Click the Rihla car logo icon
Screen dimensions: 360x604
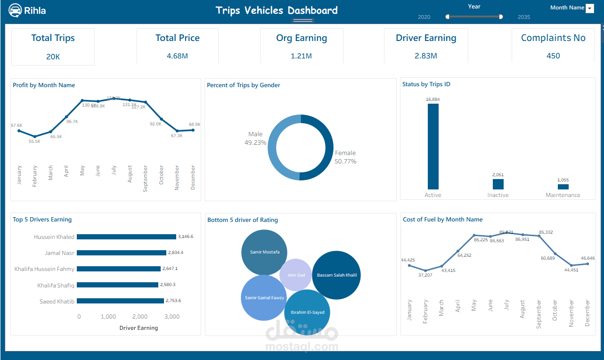point(15,10)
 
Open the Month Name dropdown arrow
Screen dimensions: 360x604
point(589,8)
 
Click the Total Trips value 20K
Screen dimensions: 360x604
point(53,57)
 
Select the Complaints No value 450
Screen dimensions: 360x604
point(553,56)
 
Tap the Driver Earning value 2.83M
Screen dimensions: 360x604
point(426,56)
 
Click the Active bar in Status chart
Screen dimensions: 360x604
point(433,147)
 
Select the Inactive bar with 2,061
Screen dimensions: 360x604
point(498,184)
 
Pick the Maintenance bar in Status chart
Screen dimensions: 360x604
point(563,187)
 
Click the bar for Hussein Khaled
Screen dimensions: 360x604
point(126,237)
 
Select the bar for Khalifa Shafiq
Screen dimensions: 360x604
point(117,285)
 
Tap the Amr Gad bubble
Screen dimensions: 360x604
point(296,275)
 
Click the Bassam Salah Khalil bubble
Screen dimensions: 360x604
point(336,275)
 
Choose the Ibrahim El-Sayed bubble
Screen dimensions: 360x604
point(307,312)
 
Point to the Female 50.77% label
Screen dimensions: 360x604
point(345,157)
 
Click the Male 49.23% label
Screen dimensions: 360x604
point(255,138)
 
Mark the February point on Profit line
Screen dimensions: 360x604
point(35,137)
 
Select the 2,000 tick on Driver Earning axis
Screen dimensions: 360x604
point(140,317)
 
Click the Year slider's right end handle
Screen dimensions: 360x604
point(501,16)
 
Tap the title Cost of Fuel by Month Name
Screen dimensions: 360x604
point(442,219)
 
